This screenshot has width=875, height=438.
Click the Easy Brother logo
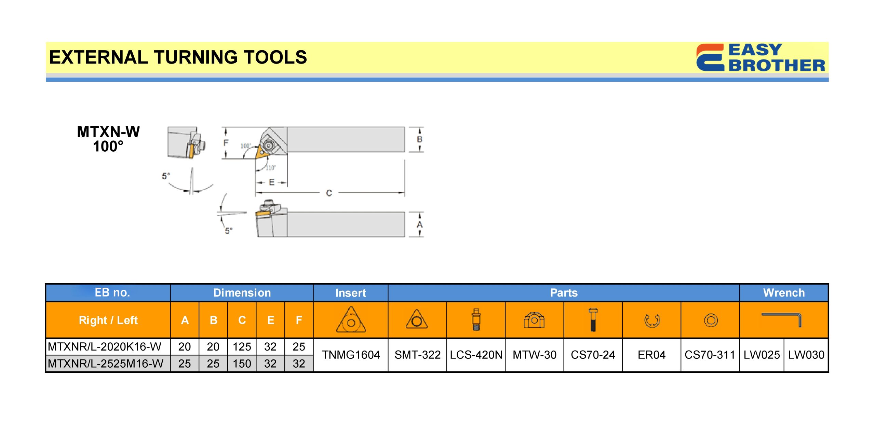760,57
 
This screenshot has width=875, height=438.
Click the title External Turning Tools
178,57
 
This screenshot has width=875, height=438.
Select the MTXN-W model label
108,132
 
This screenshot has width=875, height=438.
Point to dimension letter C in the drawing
329,193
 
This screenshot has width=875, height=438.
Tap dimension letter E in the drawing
271,182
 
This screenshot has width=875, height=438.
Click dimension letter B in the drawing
420,139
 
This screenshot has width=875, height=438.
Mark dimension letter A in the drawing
420,224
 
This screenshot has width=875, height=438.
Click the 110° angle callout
271,168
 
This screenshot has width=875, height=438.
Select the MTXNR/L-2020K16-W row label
105,346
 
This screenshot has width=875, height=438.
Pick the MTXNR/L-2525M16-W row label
106,364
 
